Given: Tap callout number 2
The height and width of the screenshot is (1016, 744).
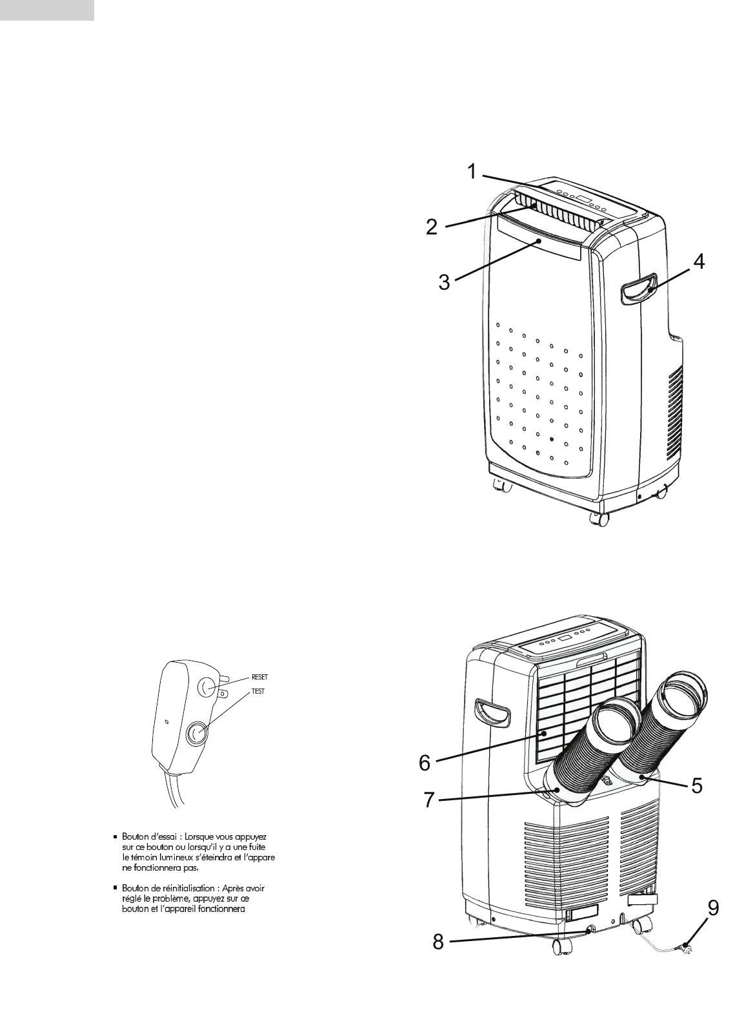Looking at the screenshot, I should click(432, 226).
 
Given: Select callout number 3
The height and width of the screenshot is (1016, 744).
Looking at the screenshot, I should click(444, 282).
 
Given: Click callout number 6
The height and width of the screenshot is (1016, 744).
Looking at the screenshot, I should click(424, 763).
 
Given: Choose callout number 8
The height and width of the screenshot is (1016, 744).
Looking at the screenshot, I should click(438, 942).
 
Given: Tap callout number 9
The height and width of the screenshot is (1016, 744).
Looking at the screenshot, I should click(712, 909).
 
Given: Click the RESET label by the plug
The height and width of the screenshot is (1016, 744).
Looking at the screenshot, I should click(259, 678).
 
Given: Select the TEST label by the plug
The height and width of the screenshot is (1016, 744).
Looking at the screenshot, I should click(258, 690).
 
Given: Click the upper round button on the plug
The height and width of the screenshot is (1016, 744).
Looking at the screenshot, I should click(208, 687).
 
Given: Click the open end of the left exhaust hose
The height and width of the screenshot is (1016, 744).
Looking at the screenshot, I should click(615, 721).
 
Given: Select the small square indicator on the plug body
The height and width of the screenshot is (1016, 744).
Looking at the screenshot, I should click(166, 721).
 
